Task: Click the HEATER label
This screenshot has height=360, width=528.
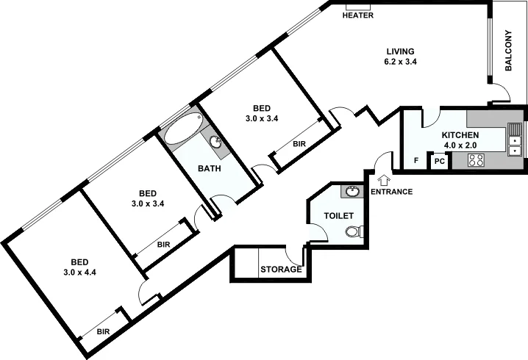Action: (x=358, y=15)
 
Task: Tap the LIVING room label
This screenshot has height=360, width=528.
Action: (x=401, y=51)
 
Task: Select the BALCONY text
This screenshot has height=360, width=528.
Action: (x=509, y=51)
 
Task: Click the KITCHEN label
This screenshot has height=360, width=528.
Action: (x=460, y=135)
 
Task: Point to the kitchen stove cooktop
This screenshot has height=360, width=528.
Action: (x=476, y=160)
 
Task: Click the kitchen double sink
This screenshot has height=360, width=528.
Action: (x=515, y=140)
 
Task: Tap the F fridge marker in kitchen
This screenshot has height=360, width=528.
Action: (x=416, y=160)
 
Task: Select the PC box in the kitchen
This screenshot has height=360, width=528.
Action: (x=439, y=161)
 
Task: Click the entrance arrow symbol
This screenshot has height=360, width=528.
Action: (x=382, y=179)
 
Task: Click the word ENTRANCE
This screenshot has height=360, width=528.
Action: (x=391, y=192)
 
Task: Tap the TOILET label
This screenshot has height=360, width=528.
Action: (x=339, y=216)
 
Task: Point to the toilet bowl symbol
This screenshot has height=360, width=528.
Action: (x=354, y=232)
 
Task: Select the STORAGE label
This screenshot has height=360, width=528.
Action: (x=281, y=270)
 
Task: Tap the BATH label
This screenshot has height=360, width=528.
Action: (x=210, y=168)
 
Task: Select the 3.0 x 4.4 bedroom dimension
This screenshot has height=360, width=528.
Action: (x=80, y=273)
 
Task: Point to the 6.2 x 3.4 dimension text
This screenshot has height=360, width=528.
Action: (x=401, y=62)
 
